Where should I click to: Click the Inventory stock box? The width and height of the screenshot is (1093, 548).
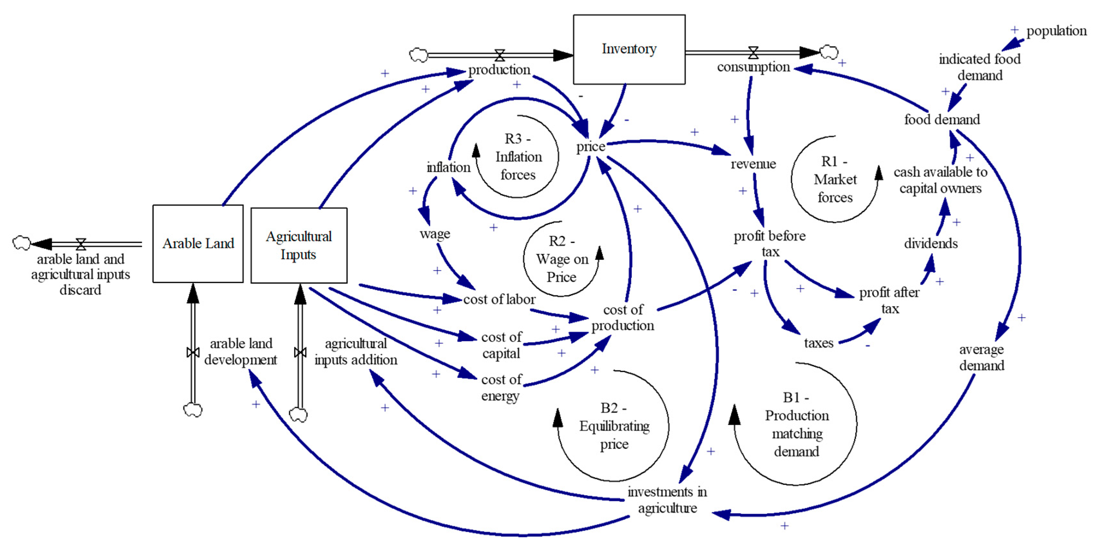[x=629, y=49]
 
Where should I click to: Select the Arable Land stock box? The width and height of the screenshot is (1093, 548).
[x=198, y=244]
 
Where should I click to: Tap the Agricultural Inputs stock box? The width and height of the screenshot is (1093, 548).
[x=299, y=245]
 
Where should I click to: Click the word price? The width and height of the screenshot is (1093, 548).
[x=590, y=147]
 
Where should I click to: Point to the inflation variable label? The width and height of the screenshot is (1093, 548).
[x=448, y=167]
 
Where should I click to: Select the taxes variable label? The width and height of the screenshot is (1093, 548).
[x=819, y=343]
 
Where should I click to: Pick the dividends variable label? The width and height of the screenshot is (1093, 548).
[x=931, y=243]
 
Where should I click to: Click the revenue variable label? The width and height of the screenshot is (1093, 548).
[x=753, y=164]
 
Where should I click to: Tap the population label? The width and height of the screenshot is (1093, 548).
[x=1056, y=31]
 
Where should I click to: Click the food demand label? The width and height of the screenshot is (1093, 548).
[x=942, y=119]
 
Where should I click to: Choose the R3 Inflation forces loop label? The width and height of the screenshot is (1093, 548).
[x=518, y=157]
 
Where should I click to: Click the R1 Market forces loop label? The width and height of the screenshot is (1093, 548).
[x=835, y=180]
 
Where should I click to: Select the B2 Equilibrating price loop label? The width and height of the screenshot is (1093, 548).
[x=614, y=426]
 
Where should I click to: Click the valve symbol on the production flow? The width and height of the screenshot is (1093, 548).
[x=500, y=55]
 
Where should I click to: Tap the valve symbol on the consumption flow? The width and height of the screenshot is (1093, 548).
[x=753, y=53]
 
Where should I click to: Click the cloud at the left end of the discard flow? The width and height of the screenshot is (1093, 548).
[x=21, y=243]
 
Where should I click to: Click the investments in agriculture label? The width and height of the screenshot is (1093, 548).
[x=667, y=500]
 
